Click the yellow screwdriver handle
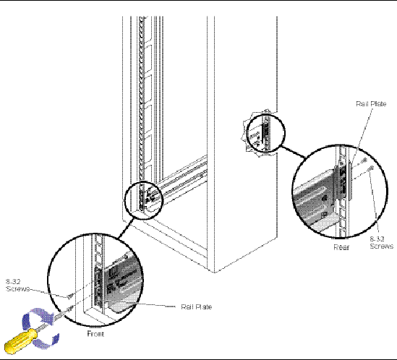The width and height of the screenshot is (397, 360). coord(20,340)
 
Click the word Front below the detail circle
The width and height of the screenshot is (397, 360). coord(95,334)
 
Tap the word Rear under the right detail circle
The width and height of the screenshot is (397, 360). coord(341,247)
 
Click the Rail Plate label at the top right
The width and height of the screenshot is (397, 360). coord(371,104)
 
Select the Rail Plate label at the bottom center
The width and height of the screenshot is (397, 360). coord(196,307)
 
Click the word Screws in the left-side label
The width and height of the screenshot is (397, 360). coord(17,289)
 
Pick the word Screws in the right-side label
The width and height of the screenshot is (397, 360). coord(382,246)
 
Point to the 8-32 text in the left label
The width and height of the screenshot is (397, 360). coord(13,281)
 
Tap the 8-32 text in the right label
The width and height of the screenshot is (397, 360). coord(377,239)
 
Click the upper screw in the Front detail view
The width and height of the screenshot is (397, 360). coord(70,296)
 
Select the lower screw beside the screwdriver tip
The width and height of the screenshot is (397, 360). coord(69,309)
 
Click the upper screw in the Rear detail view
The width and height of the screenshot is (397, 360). coord(364,160)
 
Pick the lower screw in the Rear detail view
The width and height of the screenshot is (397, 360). coord(371,167)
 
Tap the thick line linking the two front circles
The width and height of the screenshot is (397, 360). coord(125,228)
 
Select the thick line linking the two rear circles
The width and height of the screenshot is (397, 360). coord(293,152)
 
